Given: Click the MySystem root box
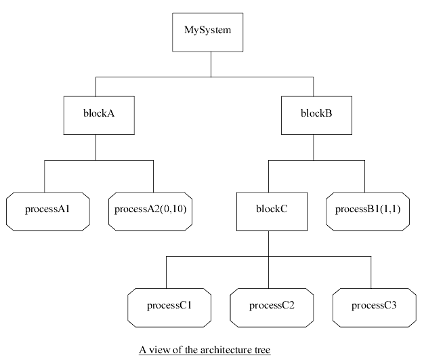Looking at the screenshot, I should [x=212, y=31].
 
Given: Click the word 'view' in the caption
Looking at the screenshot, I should [x=160, y=351].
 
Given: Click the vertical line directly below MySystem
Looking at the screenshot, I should [x=212, y=64].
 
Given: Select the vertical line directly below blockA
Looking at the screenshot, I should [x=96, y=146].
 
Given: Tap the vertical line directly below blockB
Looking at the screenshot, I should [x=313, y=146].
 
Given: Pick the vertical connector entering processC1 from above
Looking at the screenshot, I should [x=167, y=273].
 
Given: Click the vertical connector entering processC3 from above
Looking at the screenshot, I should [x=371, y=273].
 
